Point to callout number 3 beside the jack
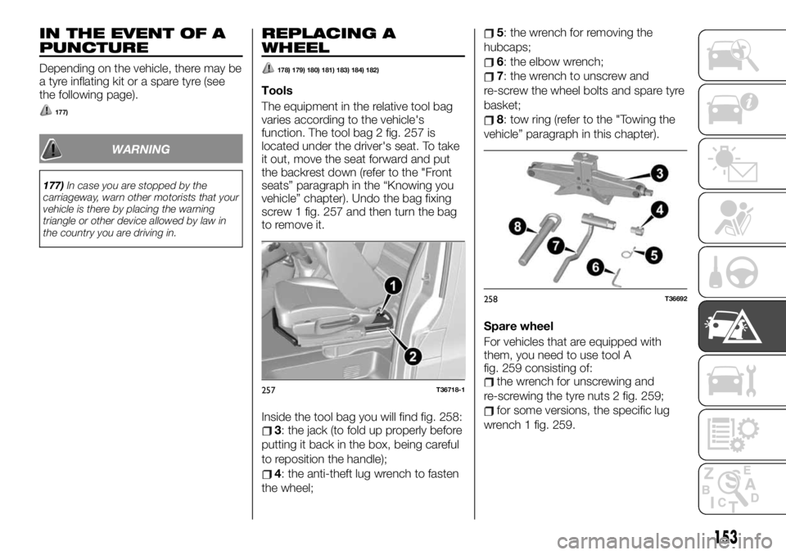659,173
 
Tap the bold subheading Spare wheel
517,325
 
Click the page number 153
724,536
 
